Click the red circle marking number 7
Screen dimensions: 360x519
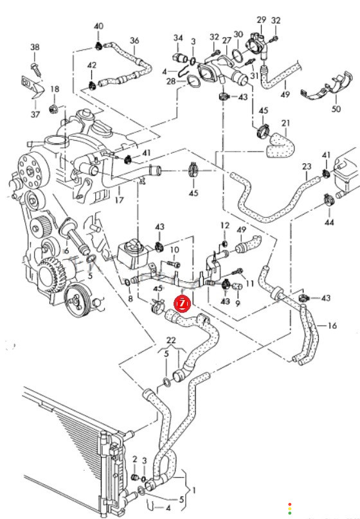183,304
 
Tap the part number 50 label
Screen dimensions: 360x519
336,109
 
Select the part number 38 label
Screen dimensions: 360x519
35,47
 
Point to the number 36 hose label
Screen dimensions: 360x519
134,40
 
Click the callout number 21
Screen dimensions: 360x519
285,123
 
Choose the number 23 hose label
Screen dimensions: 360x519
307,166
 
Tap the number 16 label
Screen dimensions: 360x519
332,326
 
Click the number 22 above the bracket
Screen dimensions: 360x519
171,340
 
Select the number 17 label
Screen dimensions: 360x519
119,200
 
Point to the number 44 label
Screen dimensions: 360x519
329,222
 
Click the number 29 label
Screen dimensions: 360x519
261,19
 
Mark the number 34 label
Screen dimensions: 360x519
178,38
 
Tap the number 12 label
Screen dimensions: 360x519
225,225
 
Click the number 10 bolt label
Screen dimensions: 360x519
174,250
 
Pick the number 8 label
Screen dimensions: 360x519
130,299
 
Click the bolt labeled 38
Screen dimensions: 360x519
35,69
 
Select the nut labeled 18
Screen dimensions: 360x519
53,109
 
